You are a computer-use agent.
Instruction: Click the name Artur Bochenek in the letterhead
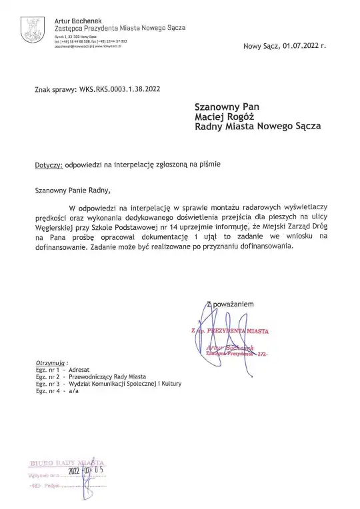[x=76, y=21]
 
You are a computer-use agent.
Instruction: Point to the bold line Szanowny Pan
[x=226, y=105]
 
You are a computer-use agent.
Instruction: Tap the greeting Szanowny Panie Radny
[x=70, y=190]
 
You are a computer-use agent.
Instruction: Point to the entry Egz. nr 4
[x=49, y=392]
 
